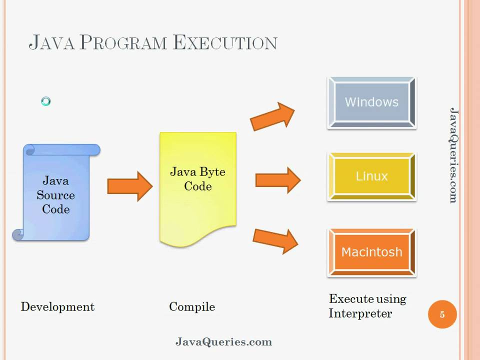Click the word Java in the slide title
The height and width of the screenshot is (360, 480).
(x=52, y=42)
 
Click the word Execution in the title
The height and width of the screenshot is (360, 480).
(x=225, y=42)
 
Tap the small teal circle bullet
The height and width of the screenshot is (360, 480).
(x=45, y=102)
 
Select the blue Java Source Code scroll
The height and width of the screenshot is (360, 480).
(x=56, y=192)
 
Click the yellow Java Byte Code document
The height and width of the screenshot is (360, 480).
(x=198, y=187)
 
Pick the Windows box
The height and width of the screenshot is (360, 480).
(x=371, y=102)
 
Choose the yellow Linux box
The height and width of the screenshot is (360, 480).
(x=371, y=176)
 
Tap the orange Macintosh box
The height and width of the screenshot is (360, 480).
(x=371, y=252)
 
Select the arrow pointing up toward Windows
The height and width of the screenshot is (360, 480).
(x=272, y=116)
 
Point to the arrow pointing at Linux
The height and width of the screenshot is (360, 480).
(x=277, y=180)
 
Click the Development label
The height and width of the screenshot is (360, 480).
(x=57, y=306)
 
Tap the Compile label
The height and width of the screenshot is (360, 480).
(x=192, y=306)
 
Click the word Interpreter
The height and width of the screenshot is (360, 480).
(x=360, y=313)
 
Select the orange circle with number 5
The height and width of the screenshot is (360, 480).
(x=442, y=314)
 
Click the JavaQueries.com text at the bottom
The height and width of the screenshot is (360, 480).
(x=223, y=342)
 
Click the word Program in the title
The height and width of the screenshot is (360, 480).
(x=123, y=42)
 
